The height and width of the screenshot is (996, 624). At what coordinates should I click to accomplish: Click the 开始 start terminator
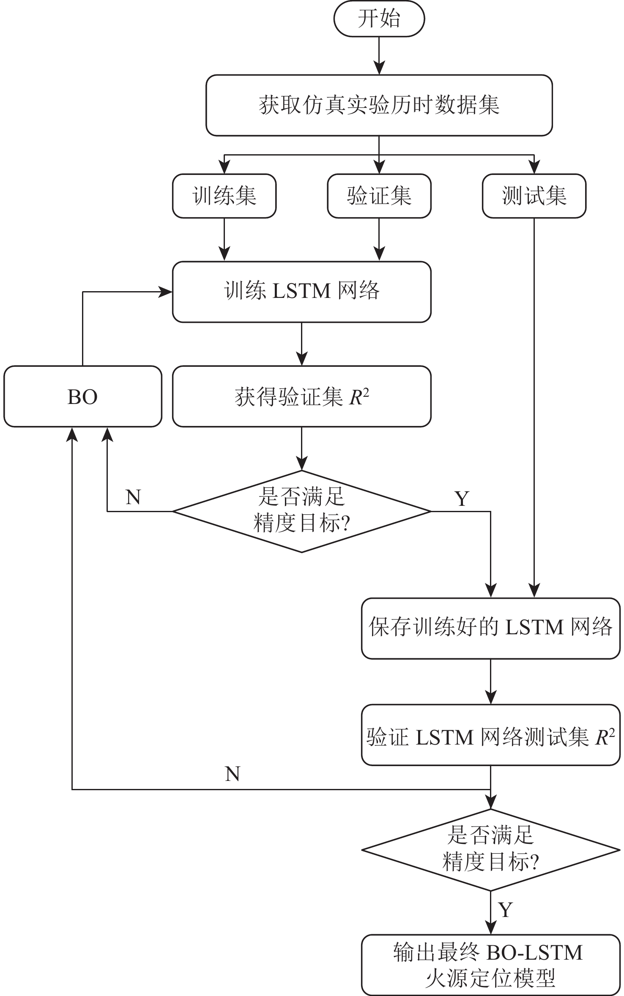point(379,19)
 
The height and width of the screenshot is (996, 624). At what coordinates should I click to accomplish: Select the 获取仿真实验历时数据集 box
point(379,105)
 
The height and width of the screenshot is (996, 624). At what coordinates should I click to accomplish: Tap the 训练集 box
point(224,196)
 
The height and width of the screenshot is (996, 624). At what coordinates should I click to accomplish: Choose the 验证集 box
point(379,196)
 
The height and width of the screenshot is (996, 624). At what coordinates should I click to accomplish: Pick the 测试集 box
point(534,196)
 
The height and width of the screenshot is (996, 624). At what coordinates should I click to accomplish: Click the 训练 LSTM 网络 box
point(301,292)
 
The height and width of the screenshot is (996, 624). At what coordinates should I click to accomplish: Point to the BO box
point(82,396)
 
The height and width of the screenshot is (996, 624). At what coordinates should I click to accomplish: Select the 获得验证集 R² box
point(301,396)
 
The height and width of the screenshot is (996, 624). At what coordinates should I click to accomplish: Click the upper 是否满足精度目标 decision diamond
point(301,511)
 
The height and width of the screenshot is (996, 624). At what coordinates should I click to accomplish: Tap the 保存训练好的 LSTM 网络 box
point(490,628)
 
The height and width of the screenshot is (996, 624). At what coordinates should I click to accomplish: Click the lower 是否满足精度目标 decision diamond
point(490,850)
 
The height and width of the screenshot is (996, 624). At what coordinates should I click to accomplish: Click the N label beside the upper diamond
point(133,497)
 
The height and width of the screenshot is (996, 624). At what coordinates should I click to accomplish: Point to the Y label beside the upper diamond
point(462,499)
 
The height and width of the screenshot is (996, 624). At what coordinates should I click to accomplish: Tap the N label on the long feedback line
point(233,774)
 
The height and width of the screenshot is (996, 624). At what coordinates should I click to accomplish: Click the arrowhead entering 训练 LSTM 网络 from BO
point(166,292)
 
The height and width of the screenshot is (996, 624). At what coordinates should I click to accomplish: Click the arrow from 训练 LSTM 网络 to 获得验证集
point(301,344)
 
